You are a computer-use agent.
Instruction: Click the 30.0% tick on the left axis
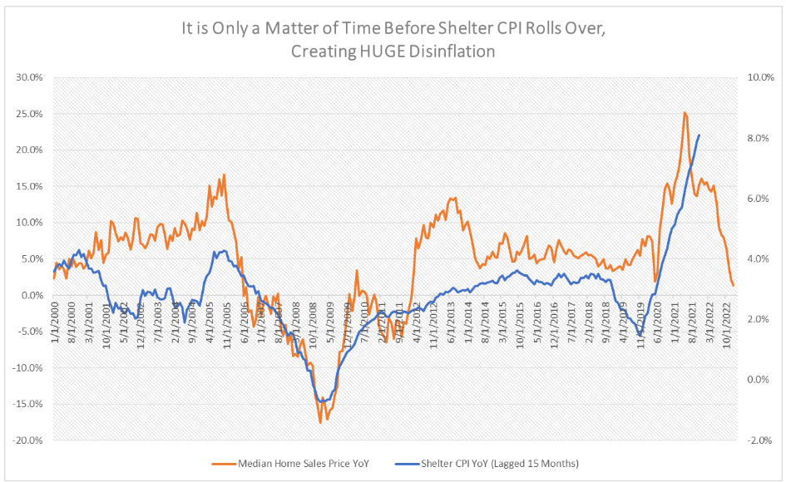coord(30,77)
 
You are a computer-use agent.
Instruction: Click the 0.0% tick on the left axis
coord(32,295)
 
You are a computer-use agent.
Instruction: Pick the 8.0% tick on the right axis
coord(754,138)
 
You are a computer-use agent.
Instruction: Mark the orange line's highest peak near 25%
coord(685,113)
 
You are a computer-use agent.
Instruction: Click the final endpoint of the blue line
coord(699,135)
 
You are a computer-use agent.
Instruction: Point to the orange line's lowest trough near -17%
coord(320,423)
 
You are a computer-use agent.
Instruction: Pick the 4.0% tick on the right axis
coord(754,259)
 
